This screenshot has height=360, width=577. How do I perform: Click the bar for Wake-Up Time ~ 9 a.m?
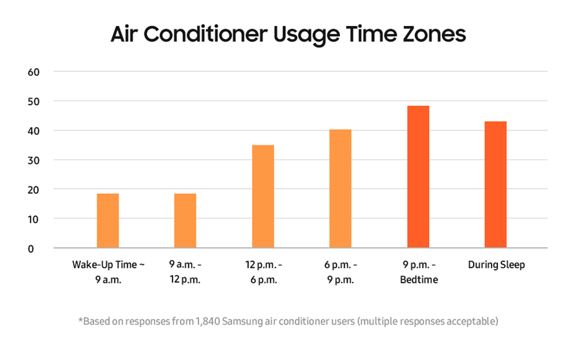pyautogui.click(x=108, y=221)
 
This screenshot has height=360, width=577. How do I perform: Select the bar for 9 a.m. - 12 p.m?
pyautogui.click(x=185, y=221)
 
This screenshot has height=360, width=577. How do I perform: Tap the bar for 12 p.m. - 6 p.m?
pyautogui.click(x=263, y=197)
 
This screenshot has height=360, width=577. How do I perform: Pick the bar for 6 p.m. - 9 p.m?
pyautogui.click(x=340, y=189)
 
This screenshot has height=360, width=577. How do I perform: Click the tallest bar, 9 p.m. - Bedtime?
pyautogui.click(x=418, y=176)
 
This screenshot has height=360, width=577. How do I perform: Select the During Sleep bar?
pyautogui.click(x=495, y=185)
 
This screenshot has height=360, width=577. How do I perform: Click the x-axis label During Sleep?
pyautogui.click(x=496, y=265)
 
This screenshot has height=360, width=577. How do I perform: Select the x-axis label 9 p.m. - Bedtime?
pyautogui.click(x=418, y=272)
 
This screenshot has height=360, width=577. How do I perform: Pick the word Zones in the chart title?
pyautogui.click(x=436, y=34)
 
